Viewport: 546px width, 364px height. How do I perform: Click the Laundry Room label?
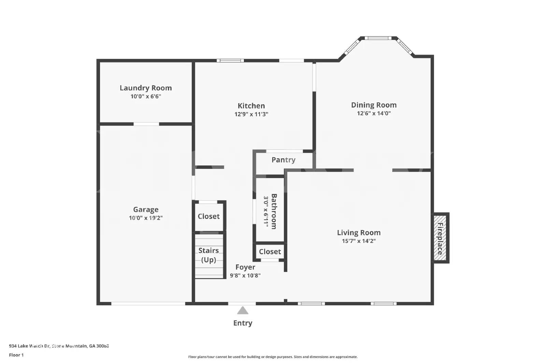point(146,88)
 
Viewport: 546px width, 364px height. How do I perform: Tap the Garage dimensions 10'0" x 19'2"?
point(146,218)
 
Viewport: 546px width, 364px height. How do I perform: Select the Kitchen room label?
point(251,106)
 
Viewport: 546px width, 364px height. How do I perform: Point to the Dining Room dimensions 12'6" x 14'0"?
point(374,114)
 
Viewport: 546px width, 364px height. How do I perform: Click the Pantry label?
point(283,160)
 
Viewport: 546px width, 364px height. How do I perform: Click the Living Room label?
point(359,233)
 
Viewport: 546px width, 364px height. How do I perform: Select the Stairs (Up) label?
point(209,255)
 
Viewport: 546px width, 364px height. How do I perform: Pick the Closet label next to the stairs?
point(209,216)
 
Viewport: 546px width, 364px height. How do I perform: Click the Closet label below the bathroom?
point(270,252)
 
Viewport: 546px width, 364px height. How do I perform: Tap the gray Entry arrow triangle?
point(243,311)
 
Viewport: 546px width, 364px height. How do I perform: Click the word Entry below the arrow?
point(243,323)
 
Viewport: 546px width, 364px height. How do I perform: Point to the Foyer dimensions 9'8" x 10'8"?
point(245,276)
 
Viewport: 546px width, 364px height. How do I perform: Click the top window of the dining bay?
point(378,38)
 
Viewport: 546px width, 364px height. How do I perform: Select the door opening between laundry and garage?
point(146,124)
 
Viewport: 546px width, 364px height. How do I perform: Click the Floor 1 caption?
point(16,355)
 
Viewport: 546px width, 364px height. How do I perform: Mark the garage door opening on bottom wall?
point(148,303)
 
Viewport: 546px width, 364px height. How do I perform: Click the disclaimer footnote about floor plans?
point(273,357)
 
